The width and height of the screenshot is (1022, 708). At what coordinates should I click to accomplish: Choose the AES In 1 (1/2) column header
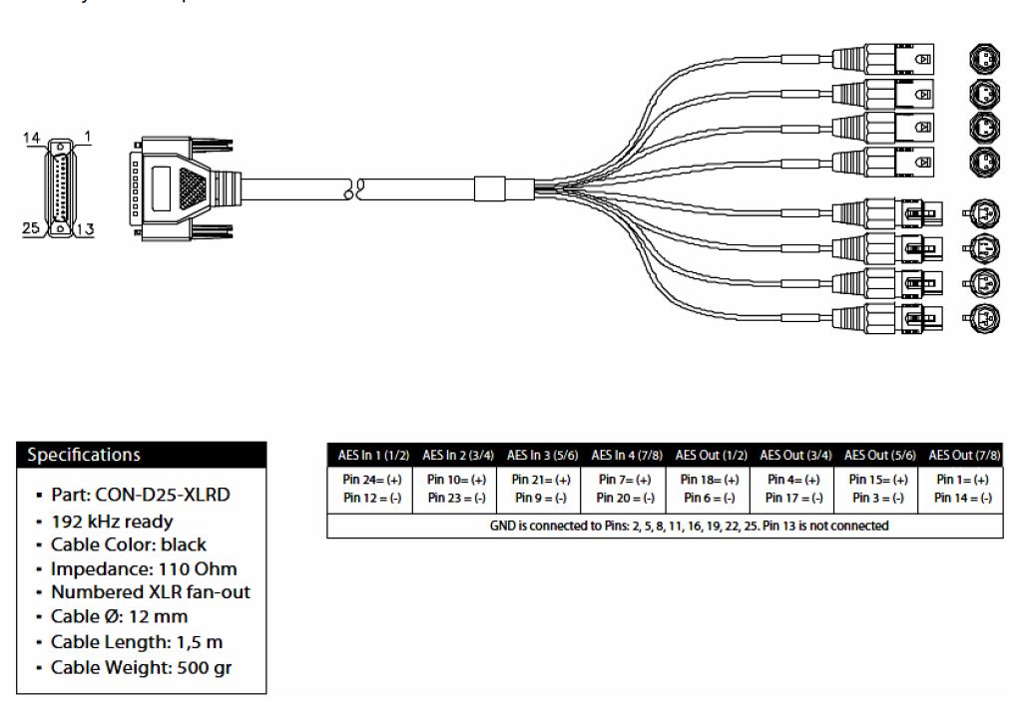pyautogui.click(x=368, y=455)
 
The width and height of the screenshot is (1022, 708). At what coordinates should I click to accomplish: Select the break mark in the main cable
pyautogui.click(x=353, y=186)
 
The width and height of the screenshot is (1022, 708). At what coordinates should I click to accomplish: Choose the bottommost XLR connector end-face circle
pyautogui.click(x=979, y=318)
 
